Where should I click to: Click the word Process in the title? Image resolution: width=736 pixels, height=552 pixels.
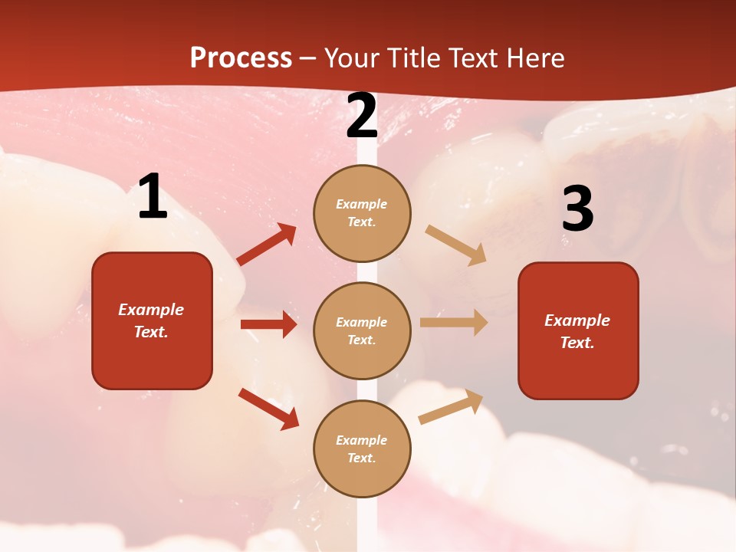click(x=241, y=58)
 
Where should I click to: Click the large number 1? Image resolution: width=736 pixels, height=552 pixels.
click(x=153, y=197)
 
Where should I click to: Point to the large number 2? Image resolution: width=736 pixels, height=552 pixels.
click(x=362, y=116)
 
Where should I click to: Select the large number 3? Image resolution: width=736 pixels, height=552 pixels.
click(x=577, y=209)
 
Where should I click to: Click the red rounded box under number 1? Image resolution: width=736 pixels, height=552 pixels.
click(x=152, y=320)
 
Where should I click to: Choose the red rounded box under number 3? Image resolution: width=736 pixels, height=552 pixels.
click(x=578, y=331)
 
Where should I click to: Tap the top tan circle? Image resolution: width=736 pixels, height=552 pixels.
click(x=362, y=213)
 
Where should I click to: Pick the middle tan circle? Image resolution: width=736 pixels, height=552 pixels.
click(x=362, y=331)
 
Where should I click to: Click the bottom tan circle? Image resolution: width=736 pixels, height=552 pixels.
click(x=362, y=449)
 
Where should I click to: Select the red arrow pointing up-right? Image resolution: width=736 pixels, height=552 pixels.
click(x=267, y=245)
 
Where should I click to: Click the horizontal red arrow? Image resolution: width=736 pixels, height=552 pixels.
click(x=268, y=324)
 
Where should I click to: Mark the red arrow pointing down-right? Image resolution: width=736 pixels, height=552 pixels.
click(x=268, y=409)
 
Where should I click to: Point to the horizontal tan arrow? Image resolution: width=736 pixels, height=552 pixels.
click(x=454, y=323)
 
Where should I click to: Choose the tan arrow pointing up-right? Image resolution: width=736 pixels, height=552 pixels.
click(x=451, y=407)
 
